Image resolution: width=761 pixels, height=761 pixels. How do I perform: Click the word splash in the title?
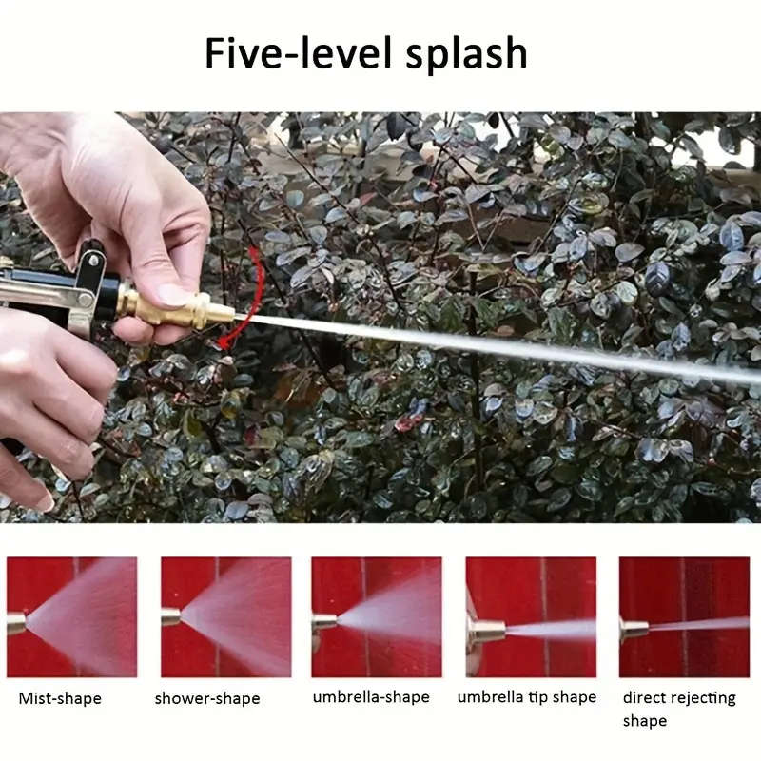click(466, 55)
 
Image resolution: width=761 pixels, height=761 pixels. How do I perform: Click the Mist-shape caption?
click(60, 698)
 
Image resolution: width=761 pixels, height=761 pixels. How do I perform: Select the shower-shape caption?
click(207, 698)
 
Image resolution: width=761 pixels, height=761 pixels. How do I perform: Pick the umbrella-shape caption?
click(371, 697)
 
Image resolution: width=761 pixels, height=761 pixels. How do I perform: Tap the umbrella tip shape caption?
click(527, 697)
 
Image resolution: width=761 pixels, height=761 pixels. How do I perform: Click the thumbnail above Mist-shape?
click(71, 616)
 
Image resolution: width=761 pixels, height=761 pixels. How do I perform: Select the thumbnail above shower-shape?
click(225, 616)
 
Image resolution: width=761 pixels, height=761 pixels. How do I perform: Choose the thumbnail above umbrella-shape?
click(376, 616)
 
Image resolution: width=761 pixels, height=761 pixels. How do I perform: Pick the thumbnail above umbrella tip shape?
click(531, 616)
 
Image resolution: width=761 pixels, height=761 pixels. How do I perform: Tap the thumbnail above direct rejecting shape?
click(684, 616)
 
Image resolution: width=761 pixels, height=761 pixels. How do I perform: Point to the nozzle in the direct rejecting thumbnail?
click(634, 628)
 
